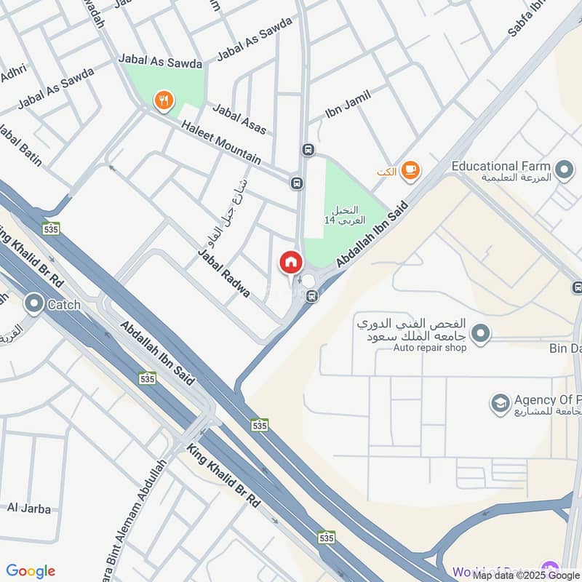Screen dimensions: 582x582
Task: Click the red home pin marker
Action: pos(290,262)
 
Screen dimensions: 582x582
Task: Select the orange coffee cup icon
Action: pos(410,170)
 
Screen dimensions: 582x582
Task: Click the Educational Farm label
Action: pos(501,167)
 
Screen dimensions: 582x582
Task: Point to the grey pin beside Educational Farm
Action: pos(563,171)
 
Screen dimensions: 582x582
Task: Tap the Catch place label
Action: pos(64,306)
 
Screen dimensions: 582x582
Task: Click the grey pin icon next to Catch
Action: pos(33,304)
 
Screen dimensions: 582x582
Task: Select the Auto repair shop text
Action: pos(429,348)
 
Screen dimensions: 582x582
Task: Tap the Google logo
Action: pos(31,571)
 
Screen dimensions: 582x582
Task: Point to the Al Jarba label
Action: pos(29,509)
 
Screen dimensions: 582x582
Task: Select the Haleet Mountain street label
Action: pos(225,143)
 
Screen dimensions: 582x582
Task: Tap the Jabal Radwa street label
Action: pos(224,273)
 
